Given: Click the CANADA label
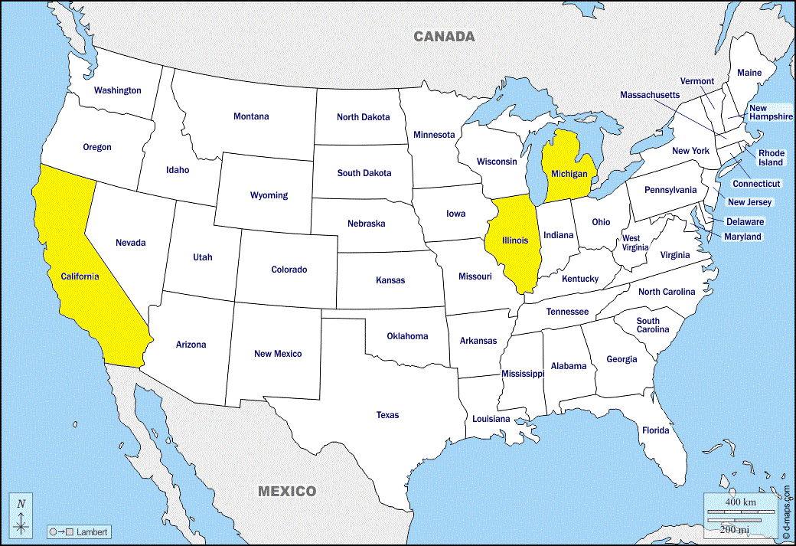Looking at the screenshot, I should tap(444, 36).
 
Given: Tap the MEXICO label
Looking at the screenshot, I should tap(286, 491).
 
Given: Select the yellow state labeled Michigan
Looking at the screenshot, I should tap(569, 175).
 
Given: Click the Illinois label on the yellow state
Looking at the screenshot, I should tap(515, 240).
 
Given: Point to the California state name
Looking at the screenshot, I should tap(80, 276).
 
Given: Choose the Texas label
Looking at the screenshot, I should tap(387, 415).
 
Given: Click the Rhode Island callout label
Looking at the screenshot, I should tap(771, 158).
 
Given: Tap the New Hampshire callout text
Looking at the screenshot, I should tap(771, 113).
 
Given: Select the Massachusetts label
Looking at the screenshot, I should tap(649, 95).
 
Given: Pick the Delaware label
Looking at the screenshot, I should tap(745, 221).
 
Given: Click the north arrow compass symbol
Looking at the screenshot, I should tap(21, 515).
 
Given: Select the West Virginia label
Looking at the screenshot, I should tap(635, 243).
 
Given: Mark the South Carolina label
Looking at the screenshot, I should tap(652, 325).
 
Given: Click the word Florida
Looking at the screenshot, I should tap(655, 430).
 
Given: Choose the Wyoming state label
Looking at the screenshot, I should tap(269, 195).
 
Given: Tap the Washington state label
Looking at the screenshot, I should tap(117, 90).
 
